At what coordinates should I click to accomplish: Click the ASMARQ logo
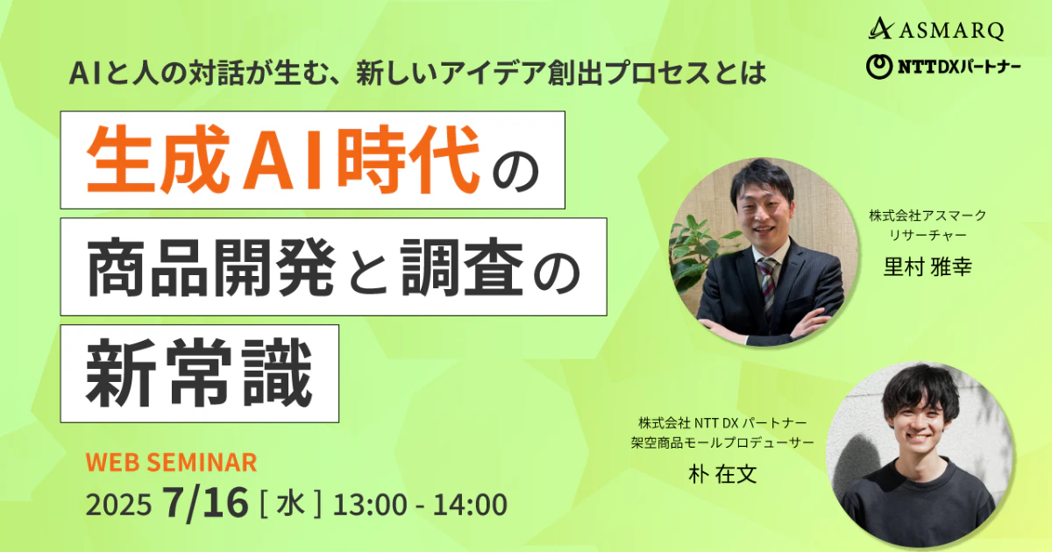[936, 30]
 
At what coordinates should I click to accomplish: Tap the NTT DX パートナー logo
[943, 67]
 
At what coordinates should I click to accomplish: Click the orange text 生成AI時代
[283, 159]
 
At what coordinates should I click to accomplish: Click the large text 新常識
[199, 373]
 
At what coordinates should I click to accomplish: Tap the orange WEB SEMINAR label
[171, 462]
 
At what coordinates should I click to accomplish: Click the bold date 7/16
[205, 503]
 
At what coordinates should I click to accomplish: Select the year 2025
[119, 505]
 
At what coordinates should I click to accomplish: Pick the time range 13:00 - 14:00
[420, 505]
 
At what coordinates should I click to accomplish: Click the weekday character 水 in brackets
[291, 504]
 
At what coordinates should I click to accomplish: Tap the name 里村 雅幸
[928, 266]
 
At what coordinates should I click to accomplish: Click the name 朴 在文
[722, 474]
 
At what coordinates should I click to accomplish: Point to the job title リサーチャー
[928, 235]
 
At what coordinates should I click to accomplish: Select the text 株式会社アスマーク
[928, 216]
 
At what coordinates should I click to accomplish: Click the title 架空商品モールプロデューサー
[722, 442]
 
